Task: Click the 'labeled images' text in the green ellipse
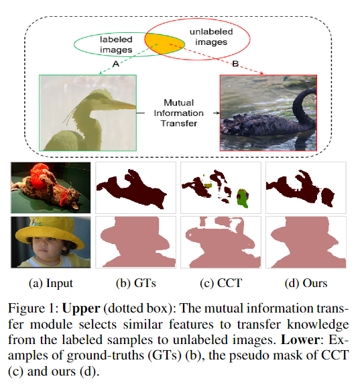pyautogui.click(x=116, y=44)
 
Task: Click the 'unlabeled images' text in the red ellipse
pyautogui.click(x=211, y=37)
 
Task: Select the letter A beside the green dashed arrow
pyautogui.click(x=116, y=64)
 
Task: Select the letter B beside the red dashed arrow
pyautogui.click(x=235, y=64)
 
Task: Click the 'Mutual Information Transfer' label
pyautogui.click(x=178, y=113)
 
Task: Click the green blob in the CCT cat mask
pyautogui.click(x=242, y=198)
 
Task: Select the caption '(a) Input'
pyautogui.click(x=51, y=283)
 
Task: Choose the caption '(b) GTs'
pyautogui.click(x=136, y=283)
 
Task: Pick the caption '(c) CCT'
pyautogui.click(x=221, y=283)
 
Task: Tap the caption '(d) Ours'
pyautogui.click(x=306, y=283)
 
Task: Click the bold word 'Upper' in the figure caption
pyautogui.click(x=81, y=309)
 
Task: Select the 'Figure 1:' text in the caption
pyautogui.click(x=34, y=309)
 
